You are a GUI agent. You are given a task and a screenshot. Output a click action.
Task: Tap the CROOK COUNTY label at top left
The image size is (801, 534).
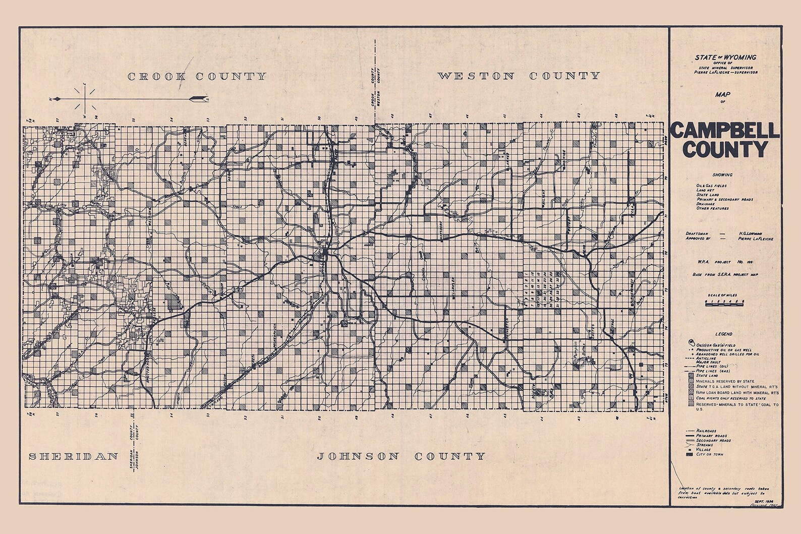pyautogui.click(x=197, y=77)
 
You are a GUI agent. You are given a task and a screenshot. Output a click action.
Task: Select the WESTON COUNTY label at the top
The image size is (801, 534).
pyautogui.click(x=518, y=76)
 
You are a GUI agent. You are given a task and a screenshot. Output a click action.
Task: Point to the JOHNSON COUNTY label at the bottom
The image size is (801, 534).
pyautogui.click(x=400, y=457)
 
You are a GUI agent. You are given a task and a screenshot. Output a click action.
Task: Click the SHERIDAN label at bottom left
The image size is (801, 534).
pyautogui.click(x=73, y=457)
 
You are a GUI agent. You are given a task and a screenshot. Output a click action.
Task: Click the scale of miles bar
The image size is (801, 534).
pyautogui.click(x=725, y=303)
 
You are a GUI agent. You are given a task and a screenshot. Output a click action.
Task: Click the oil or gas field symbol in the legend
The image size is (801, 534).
pyautogui.click(x=690, y=343)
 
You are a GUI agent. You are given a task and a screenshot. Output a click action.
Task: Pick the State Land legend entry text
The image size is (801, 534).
pyautogui.click(x=707, y=376)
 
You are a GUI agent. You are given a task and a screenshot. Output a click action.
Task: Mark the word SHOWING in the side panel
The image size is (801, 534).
pyautogui.click(x=723, y=175)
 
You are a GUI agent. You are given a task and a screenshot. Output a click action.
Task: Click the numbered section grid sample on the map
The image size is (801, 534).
pyautogui.click(x=539, y=292)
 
